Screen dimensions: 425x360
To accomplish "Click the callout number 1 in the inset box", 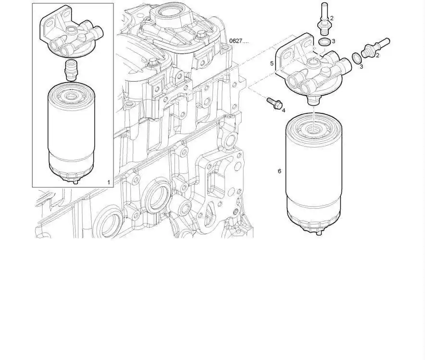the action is click(x=109, y=182).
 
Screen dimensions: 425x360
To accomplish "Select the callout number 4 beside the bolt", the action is click(x=284, y=111).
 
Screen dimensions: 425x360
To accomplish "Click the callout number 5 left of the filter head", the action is click(x=272, y=63).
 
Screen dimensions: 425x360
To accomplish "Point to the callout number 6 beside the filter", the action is click(x=279, y=171).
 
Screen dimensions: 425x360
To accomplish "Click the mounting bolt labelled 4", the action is click(x=275, y=103).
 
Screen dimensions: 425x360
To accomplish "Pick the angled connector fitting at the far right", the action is click(x=376, y=47).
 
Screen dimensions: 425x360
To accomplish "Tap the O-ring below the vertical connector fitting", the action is click(x=325, y=42).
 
